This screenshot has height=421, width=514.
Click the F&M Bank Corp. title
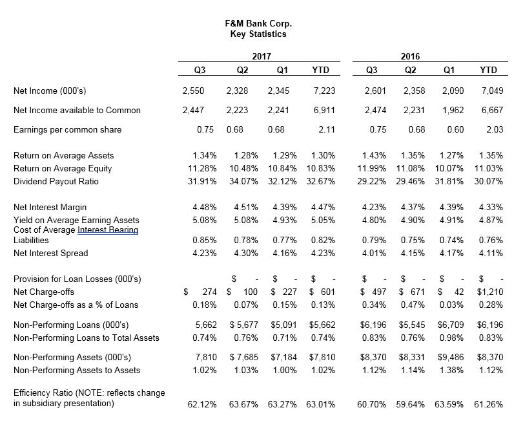point(258,24)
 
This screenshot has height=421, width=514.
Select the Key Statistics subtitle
point(258,34)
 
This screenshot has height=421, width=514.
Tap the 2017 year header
point(262,56)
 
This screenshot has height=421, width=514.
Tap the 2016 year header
point(410,56)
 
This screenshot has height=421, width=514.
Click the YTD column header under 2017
point(320,70)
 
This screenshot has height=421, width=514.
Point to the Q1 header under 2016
point(449,70)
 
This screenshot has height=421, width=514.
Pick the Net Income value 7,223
point(325,91)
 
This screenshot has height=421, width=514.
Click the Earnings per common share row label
point(68,130)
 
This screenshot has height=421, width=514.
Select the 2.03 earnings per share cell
point(495,129)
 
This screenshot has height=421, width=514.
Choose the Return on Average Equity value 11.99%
point(371,169)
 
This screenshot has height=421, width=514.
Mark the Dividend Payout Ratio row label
point(56,181)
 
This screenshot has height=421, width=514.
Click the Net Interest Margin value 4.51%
point(246,207)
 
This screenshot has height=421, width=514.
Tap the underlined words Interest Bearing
point(108,230)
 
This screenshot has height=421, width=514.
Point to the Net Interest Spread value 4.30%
point(246,254)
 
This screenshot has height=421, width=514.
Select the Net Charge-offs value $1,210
point(489,292)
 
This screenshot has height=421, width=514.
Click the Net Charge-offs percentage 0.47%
point(413,305)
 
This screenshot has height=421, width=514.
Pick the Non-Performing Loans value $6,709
point(451,325)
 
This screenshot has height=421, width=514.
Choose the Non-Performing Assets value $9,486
point(451,357)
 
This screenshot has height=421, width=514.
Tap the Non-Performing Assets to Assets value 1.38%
point(451,370)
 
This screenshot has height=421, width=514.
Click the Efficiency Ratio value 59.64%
point(410,404)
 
